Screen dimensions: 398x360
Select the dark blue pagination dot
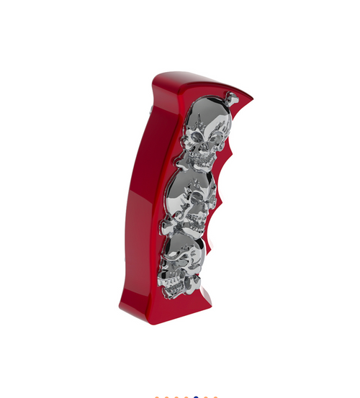coord(196,397)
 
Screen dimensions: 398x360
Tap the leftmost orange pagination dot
coord(157,397)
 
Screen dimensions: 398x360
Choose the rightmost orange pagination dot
coord(215,397)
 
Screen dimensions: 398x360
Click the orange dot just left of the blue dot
coord(186,397)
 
